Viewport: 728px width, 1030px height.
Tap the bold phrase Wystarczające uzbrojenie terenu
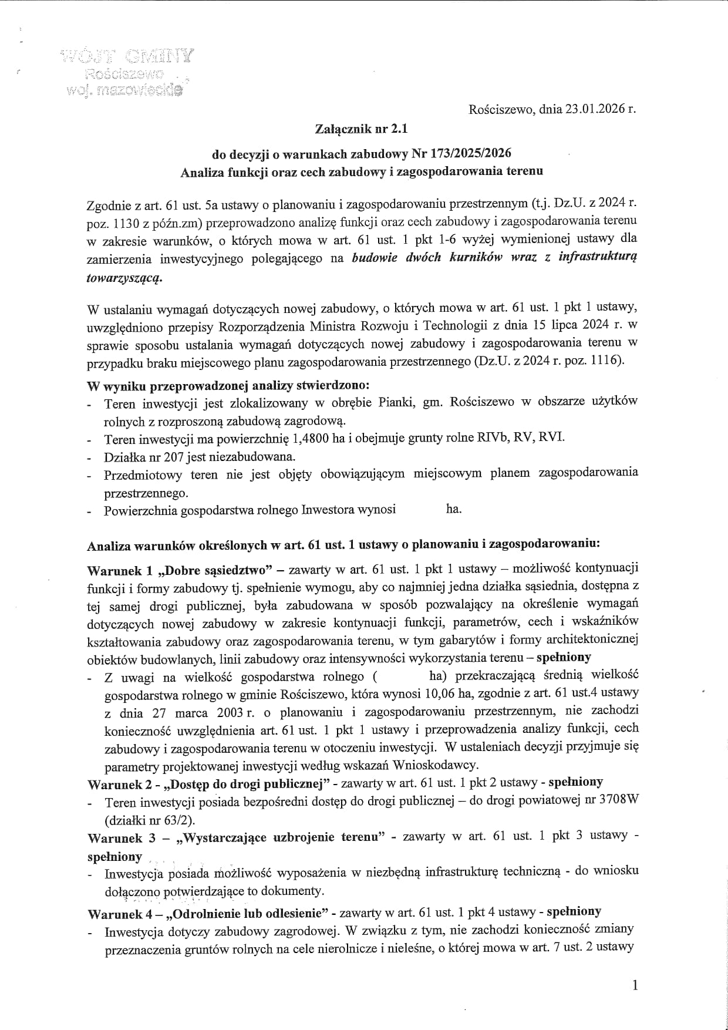[x=281, y=837]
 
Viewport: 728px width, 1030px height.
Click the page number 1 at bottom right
[x=634, y=985]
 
